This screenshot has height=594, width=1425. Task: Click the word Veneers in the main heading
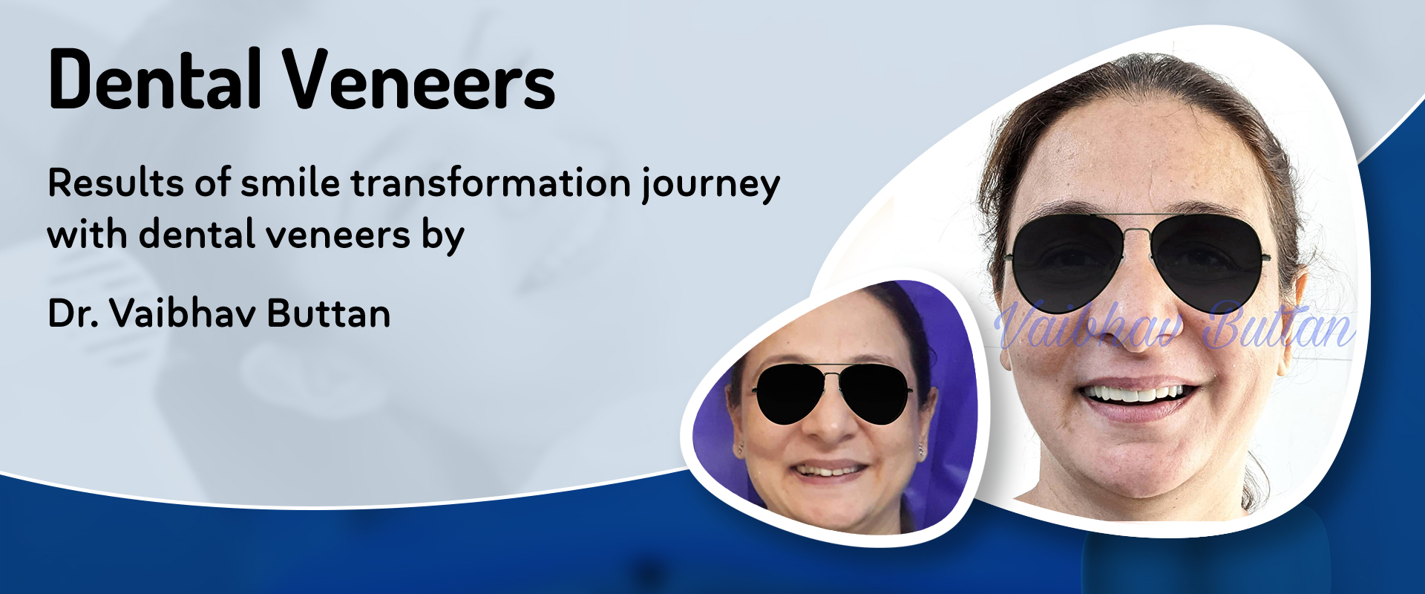point(421,79)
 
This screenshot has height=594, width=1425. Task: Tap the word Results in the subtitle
point(116,183)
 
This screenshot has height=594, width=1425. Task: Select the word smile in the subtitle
point(290,183)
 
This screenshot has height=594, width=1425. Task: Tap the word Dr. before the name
point(73,313)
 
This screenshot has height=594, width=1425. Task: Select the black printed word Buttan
point(329,313)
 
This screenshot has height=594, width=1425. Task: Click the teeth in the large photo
point(1135,393)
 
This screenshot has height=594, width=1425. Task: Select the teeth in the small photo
point(829,471)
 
